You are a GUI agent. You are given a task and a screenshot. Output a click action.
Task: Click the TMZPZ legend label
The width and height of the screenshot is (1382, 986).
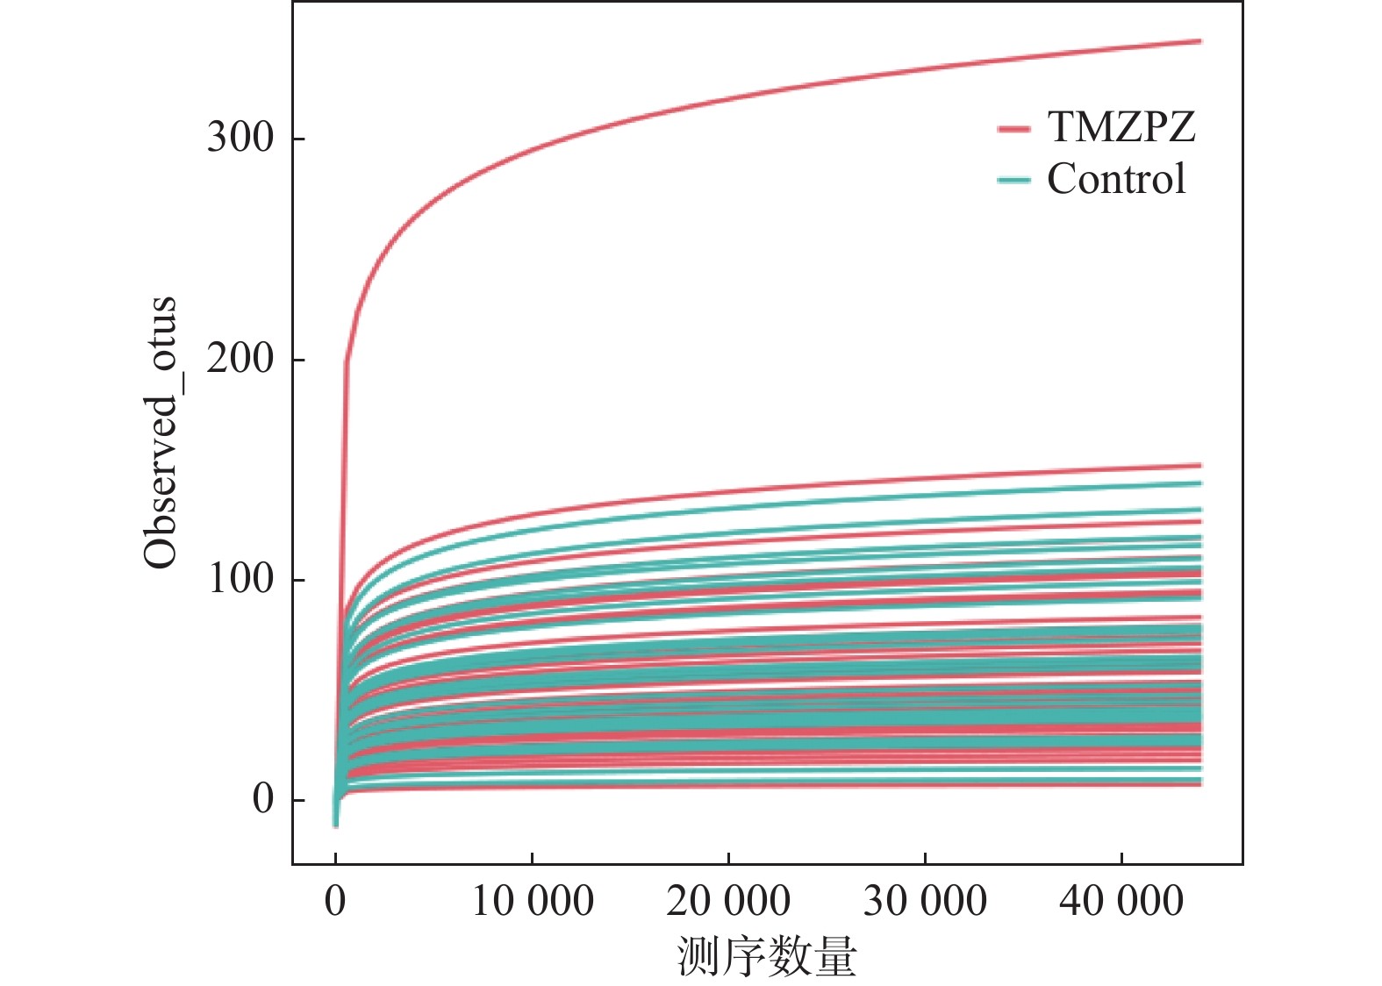pos(1121,127)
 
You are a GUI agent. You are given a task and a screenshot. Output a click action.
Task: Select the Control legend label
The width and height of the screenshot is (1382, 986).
pos(1115,179)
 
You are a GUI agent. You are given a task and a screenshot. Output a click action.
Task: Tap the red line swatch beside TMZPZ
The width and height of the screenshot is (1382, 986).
pos(1013,129)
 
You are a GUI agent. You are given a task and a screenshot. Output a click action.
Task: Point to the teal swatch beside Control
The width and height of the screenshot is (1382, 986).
pos(1013,181)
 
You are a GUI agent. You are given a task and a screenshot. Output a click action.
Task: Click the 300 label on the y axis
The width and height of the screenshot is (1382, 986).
pos(240,138)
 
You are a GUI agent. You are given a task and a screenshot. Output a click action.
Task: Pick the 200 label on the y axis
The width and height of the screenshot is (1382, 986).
pos(240,359)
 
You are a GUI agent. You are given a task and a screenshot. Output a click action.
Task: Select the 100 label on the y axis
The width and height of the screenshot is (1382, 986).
pos(240,579)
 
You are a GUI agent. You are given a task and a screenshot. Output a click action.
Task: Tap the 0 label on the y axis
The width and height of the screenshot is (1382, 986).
pos(262,799)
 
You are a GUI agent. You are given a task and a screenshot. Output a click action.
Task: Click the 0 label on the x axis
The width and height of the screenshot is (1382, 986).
pos(335,901)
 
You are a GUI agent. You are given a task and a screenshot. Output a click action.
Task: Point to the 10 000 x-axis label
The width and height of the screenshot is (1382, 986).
pos(532,901)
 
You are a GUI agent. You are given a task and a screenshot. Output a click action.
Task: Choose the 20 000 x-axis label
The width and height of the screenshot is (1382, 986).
pos(728,901)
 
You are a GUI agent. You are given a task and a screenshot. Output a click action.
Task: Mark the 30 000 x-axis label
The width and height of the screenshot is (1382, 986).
pos(925,901)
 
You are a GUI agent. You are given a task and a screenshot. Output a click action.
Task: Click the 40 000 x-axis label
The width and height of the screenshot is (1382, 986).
pos(1121,901)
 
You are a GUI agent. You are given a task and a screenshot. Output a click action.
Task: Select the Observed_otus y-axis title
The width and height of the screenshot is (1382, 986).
pos(161,432)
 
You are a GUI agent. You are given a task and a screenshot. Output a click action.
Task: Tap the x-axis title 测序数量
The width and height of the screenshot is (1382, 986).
pos(767,955)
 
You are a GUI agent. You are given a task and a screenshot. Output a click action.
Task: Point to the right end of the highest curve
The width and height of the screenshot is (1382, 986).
pos(1199,41)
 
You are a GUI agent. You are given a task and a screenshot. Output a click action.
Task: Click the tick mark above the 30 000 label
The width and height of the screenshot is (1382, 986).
pos(925,858)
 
